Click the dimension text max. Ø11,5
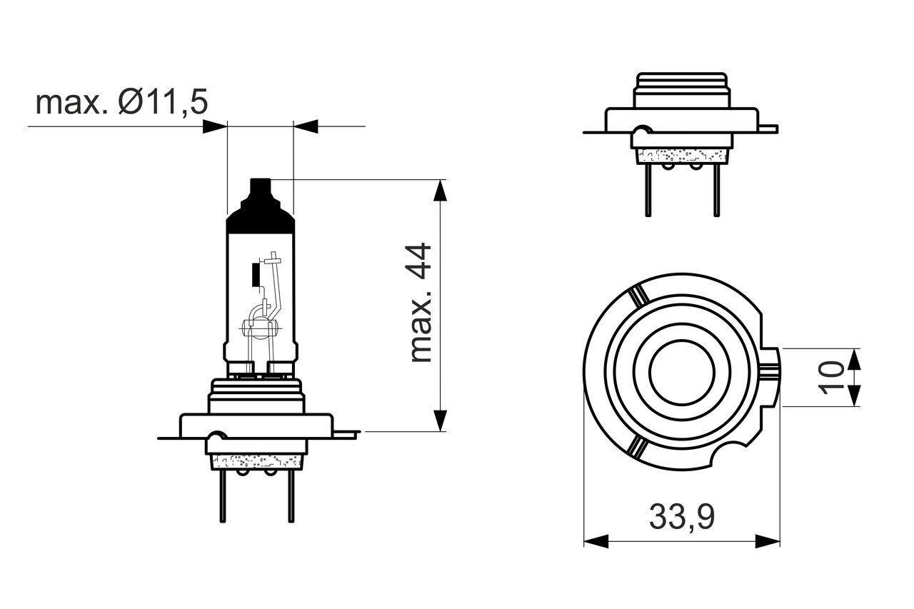point(121,103)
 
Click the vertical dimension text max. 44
point(422,303)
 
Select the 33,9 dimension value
point(682,517)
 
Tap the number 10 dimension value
point(832,377)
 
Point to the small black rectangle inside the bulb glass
point(256,274)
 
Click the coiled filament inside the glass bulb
point(258,329)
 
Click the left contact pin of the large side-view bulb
point(222,497)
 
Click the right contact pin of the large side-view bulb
point(290,497)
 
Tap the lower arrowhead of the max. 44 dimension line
point(441,421)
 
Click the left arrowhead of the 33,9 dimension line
point(595,540)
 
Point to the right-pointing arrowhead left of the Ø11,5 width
point(215,126)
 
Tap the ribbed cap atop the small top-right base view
point(682,89)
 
